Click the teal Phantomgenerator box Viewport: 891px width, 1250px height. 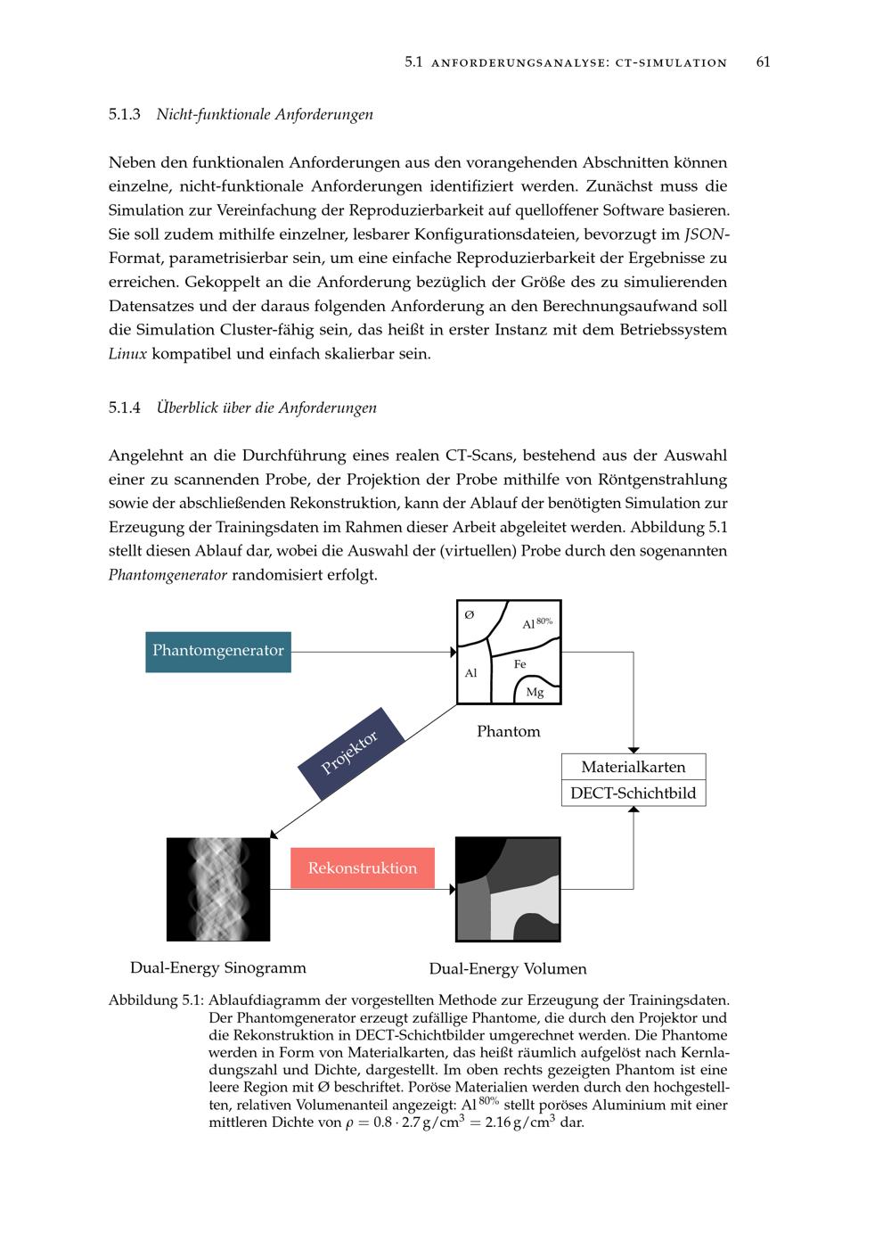218,651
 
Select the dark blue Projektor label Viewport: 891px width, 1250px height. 350,752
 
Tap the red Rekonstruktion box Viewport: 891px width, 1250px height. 363,868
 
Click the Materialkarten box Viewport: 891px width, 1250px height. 634,767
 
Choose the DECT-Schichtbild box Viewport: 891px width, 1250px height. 634,793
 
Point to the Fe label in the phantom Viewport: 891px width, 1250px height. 520,664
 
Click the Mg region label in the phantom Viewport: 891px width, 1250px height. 535,692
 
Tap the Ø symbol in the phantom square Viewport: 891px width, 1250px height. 470,614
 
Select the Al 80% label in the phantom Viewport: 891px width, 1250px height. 536,623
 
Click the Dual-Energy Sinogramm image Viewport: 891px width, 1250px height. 218,889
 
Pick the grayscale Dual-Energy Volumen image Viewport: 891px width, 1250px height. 508,889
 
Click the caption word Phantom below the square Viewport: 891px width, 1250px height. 508,731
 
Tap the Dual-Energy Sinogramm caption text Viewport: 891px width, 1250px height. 218,967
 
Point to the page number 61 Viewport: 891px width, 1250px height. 763,62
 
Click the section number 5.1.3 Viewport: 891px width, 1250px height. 125,114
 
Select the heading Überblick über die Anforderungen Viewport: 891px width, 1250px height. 266,407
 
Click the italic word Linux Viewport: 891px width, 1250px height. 127,353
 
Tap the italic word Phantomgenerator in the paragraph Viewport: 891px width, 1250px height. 168,574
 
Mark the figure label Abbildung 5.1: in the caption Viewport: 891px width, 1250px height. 156,1000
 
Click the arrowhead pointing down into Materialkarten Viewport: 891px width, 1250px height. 634,749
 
